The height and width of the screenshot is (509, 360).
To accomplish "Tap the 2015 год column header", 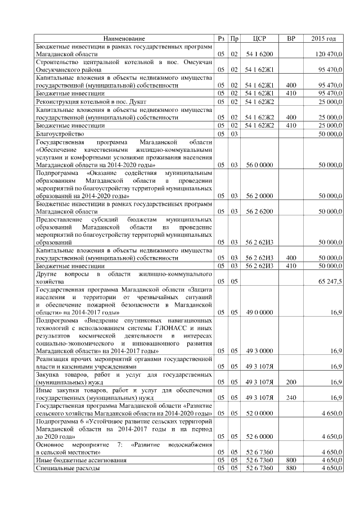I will coord(323,38).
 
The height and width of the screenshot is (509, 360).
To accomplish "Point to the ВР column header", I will coord(291,38).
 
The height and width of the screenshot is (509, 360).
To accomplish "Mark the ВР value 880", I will coord(291,468).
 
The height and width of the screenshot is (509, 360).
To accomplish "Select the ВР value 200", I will coord(291,381).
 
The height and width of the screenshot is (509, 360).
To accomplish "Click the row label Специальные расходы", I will coord(68,468).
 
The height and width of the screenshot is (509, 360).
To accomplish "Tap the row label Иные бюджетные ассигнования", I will coord(80,460).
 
